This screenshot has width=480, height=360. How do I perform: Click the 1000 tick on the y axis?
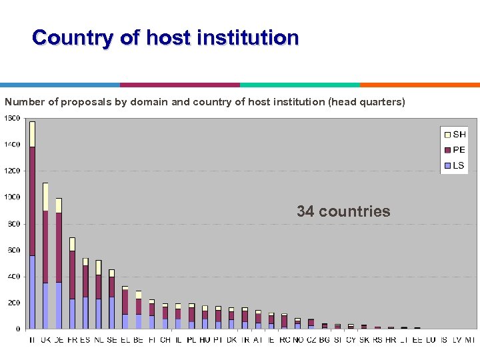pyautogui.click(x=12, y=197)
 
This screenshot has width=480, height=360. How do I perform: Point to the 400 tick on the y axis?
pyautogui.click(x=13, y=276)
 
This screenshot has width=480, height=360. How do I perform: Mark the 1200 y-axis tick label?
pyautogui.click(x=12, y=171)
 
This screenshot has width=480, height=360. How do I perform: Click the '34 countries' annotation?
pyautogui.click(x=343, y=211)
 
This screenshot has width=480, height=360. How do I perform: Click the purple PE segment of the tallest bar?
pyautogui.click(x=32, y=200)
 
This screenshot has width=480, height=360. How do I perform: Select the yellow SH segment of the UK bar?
pyautogui.click(x=45, y=197)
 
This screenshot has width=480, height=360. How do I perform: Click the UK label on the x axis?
pyautogui.click(x=45, y=339)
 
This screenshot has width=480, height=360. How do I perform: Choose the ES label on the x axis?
pyautogui.click(x=85, y=339)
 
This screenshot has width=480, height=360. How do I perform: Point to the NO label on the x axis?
pyautogui.click(x=297, y=339)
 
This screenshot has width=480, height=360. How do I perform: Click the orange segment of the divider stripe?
pyautogui.click(x=420, y=85)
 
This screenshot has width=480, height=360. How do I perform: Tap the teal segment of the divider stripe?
pyautogui.click(x=300, y=85)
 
